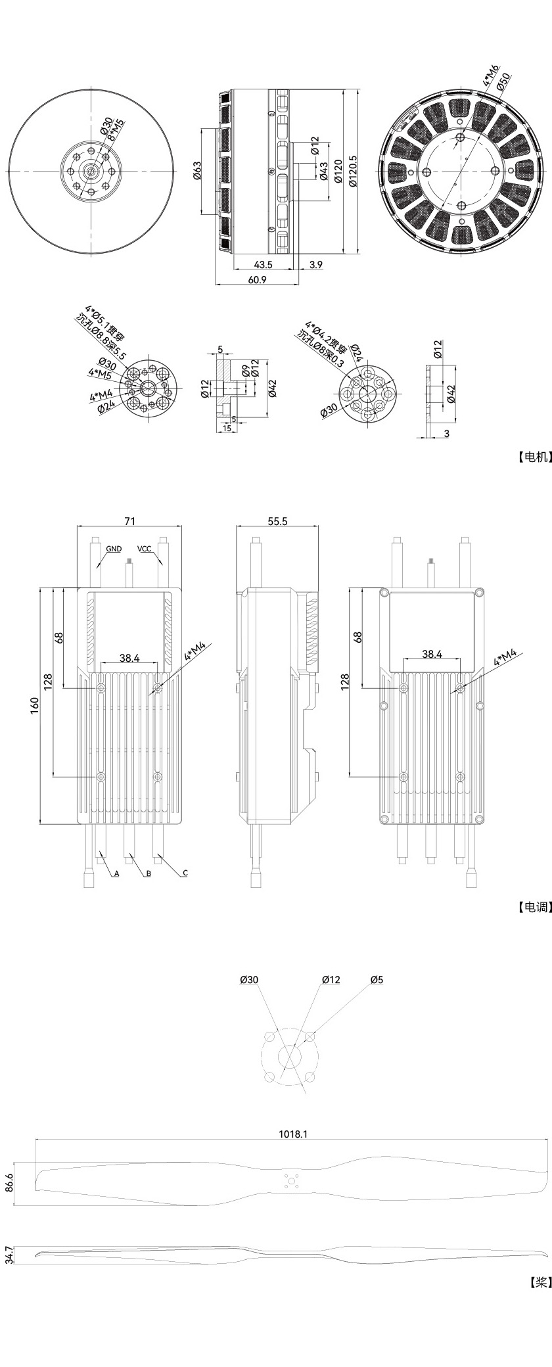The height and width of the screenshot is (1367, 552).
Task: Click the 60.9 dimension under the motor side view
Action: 257,279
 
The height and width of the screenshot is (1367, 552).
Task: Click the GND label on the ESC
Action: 114,549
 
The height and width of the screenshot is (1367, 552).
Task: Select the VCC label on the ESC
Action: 144,549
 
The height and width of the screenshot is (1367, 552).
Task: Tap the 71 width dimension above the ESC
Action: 129,521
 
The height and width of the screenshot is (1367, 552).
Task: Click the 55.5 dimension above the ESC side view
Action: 278,521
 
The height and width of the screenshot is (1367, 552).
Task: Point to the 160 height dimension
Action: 35,705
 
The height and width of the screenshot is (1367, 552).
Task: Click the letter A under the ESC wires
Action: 116,874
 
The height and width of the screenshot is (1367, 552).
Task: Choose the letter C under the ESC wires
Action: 185,873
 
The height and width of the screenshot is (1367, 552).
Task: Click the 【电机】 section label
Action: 532,458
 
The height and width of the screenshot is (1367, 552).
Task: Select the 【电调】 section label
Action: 532,907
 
